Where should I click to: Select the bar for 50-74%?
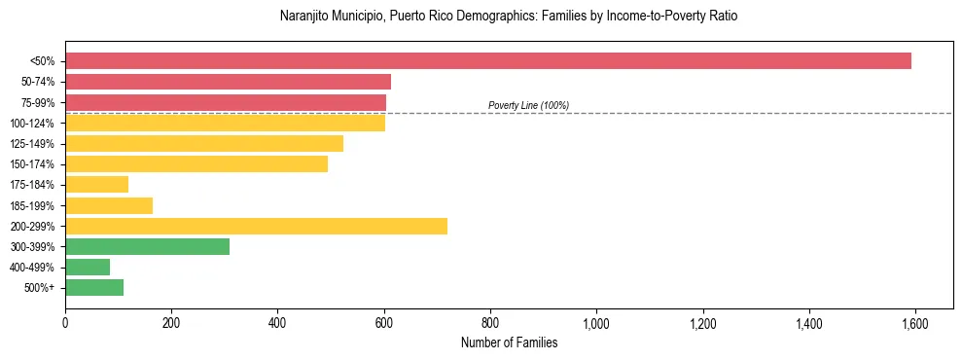pyautogui.click(x=229, y=82)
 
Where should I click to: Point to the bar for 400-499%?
pyautogui.click(x=88, y=267)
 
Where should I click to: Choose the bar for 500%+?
pyautogui.click(x=94, y=287)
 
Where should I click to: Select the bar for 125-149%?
pyautogui.click(x=204, y=144)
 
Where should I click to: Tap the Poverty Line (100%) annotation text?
pyautogui.click(x=528, y=105)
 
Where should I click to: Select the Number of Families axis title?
pyautogui.click(x=510, y=342)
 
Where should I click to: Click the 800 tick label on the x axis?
pyautogui.click(x=490, y=323)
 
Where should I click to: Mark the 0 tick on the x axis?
pyautogui.click(x=65, y=323)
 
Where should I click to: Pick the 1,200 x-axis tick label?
pyautogui.click(x=702, y=323)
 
